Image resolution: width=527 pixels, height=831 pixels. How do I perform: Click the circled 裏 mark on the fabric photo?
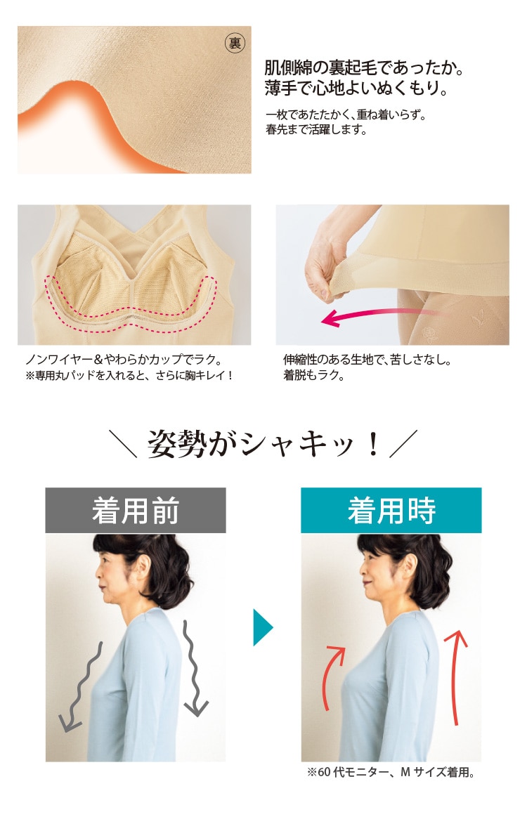(x=235, y=43)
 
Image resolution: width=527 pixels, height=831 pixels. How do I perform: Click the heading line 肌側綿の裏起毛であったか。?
(x=364, y=68)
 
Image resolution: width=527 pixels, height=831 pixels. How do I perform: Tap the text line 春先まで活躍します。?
(x=316, y=129)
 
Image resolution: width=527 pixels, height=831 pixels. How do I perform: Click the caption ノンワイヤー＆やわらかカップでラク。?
(x=124, y=360)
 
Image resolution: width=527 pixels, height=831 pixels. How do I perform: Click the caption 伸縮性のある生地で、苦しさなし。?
(x=367, y=360)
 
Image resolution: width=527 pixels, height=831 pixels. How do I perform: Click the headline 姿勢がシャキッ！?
(x=263, y=443)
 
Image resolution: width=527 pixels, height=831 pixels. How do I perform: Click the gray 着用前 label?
(x=135, y=510)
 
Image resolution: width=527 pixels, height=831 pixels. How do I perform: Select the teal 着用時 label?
(x=391, y=510)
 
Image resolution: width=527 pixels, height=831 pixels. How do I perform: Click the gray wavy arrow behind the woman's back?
(x=192, y=668)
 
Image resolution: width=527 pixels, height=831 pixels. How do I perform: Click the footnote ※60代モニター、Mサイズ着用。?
(x=391, y=772)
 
